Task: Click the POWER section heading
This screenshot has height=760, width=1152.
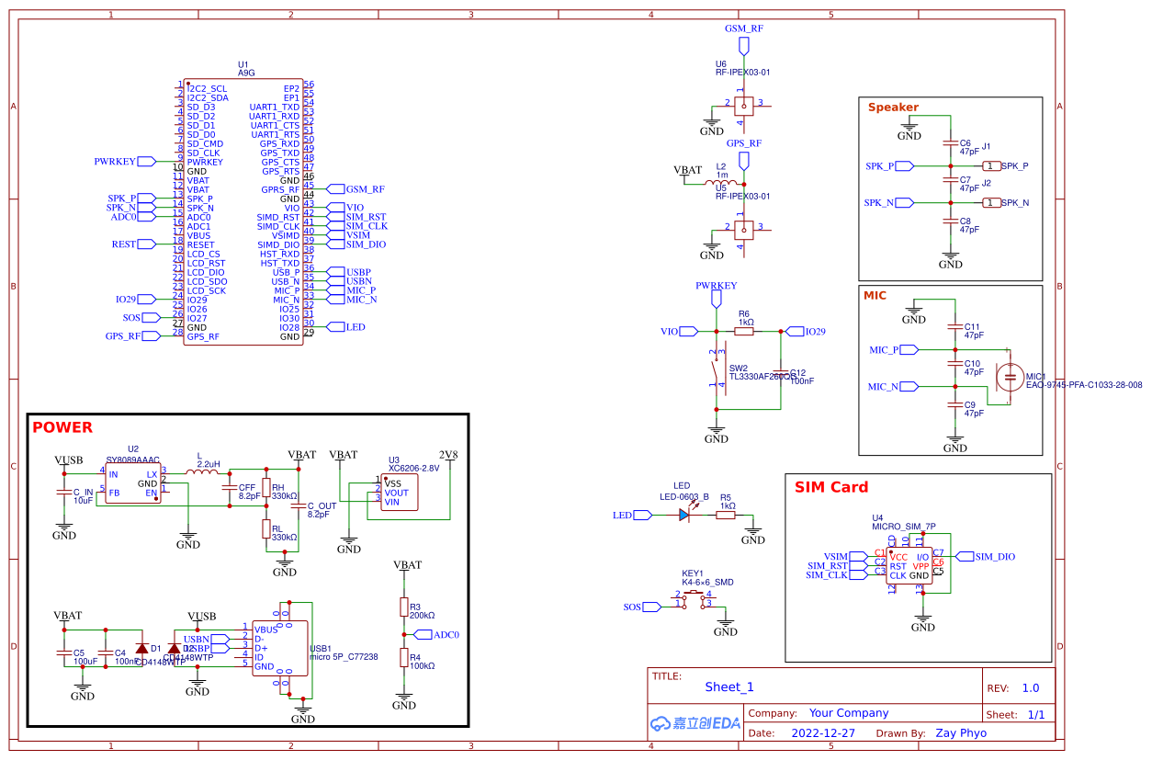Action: (x=62, y=427)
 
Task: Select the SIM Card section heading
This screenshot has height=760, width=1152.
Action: (x=830, y=487)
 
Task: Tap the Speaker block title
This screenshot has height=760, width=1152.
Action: (x=893, y=108)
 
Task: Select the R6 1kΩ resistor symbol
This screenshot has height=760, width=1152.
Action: (x=744, y=331)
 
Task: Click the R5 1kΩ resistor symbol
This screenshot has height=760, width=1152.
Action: (x=726, y=516)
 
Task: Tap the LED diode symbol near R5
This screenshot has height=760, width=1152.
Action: (x=685, y=516)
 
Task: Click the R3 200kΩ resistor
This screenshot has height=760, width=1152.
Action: (x=403, y=607)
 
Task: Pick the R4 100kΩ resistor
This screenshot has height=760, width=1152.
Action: (x=403, y=657)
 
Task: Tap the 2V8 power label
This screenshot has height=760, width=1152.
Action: (x=448, y=455)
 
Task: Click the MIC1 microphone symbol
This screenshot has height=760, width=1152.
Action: (x=1011, y=376)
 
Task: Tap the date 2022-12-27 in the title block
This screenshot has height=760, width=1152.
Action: (x=822, y=733)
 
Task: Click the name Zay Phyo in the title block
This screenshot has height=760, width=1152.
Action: (x=961, y=733)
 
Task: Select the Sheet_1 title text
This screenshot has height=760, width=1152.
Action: (x=729, y=686)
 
